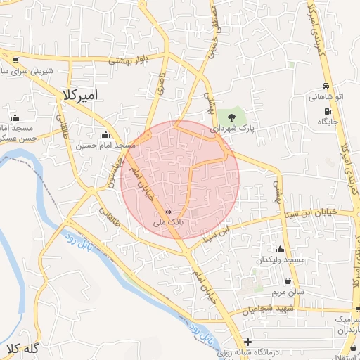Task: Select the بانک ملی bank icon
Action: point(168,212)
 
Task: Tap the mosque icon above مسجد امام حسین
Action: point(106,134)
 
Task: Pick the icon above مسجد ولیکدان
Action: point(281,250)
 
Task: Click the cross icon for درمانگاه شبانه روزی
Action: point(247,342)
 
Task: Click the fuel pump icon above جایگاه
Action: point(328,111)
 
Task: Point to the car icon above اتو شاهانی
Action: point(326,86)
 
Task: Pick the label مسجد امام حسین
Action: point(106,146)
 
